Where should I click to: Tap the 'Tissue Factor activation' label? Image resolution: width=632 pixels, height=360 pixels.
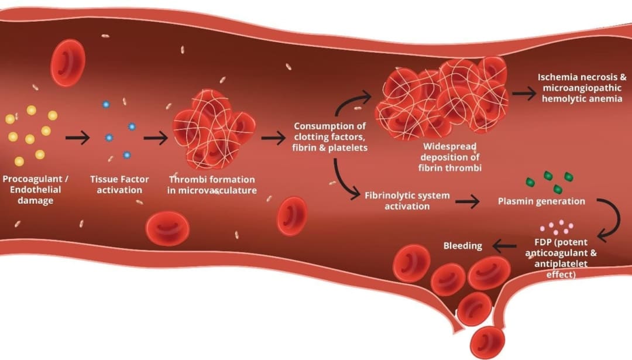pos(119,184)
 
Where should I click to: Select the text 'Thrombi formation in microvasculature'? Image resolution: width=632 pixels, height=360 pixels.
pos(212,184)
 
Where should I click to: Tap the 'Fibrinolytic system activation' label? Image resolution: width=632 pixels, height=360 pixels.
pos(407,200)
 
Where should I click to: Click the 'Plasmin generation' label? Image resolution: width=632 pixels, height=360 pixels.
pos(541,201)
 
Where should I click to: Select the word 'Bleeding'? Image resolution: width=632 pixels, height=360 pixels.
pos(462,245)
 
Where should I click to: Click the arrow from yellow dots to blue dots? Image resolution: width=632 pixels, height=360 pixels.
pos(77,139)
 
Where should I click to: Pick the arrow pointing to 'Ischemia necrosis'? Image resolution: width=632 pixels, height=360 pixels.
pos(523,93)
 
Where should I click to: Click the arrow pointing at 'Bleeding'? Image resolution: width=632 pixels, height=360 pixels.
pos(504,246)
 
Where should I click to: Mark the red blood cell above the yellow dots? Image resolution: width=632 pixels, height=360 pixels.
pos(68,63)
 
